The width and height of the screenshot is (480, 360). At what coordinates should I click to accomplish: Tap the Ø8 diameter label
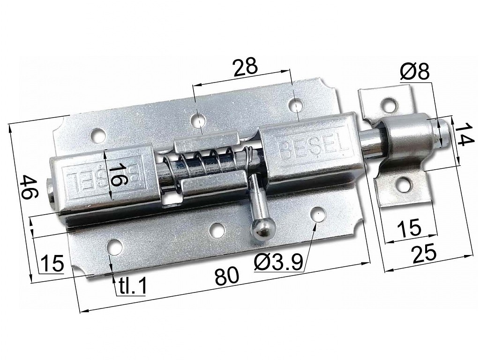click(x=414, y=72)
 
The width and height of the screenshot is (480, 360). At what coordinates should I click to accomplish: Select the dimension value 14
click(x=462, y=134)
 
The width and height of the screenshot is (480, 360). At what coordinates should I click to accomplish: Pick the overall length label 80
click(x=227, y=277)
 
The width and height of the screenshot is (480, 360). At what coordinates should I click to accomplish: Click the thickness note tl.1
click(x=131, y=285)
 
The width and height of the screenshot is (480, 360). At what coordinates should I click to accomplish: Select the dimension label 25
click(x=424, y=254)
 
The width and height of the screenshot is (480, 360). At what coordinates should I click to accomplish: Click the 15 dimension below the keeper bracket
click(x=409, y=228)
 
